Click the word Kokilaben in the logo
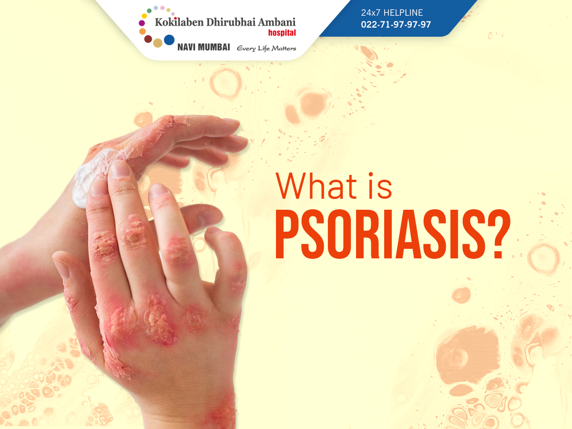[x=179, y=22]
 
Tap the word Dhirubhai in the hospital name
[x=231, y=22]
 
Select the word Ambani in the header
[x=277, y=22]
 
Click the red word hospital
[x=282, y=33]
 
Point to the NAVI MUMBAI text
[x=204, y=47]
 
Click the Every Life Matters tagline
[x=266, y=49]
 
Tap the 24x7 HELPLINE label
[x=392, y=12]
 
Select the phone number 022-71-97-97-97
[x=396, y=24]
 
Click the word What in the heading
[x=316, y=186]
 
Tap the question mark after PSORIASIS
[x=499, y=234]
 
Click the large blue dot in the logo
[x=169, y=40]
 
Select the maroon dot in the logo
[x=148, y=39]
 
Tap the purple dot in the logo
[x=142, y=23]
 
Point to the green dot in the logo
[x=149, y=10]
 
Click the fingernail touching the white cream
[x=99, y=187]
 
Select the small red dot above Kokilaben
[x=175, y=18]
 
